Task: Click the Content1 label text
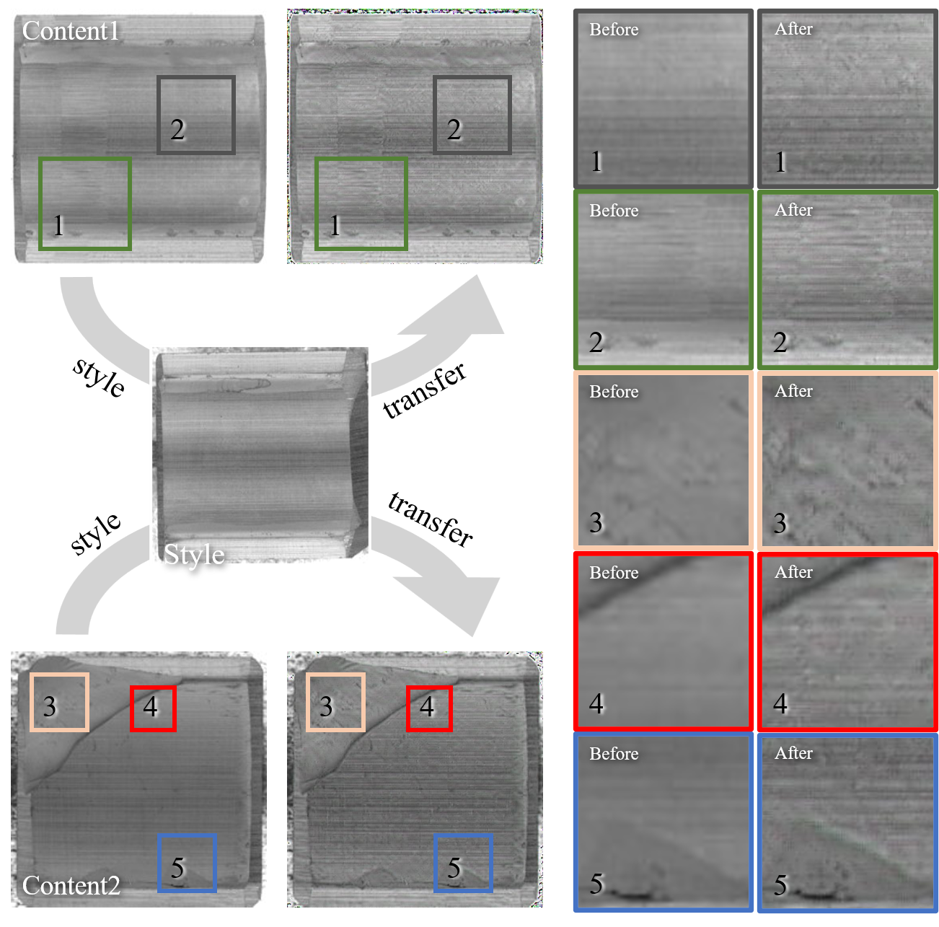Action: tap(71, 31)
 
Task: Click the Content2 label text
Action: tap(71, 885)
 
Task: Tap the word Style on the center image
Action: tap(194, 555)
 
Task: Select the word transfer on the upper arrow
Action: tap(425, 391)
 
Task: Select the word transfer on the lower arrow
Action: tap(431, 520)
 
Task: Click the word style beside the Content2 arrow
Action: tap(95, 534)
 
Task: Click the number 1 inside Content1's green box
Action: tap(58, 225)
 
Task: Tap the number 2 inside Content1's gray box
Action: tap(177, 130)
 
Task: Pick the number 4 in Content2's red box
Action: tap(150, 706)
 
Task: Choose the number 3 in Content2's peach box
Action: tap(49, 706)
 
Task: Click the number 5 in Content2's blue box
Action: tap(178, 868)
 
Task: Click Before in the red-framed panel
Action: tap(614, 573)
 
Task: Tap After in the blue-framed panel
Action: tap(793, 753)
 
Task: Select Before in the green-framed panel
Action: tap(614, 211)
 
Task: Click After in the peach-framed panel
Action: tap(793, 391)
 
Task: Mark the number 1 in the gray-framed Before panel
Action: tap(596, 162)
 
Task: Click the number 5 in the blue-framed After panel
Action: tap(780, 884)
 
